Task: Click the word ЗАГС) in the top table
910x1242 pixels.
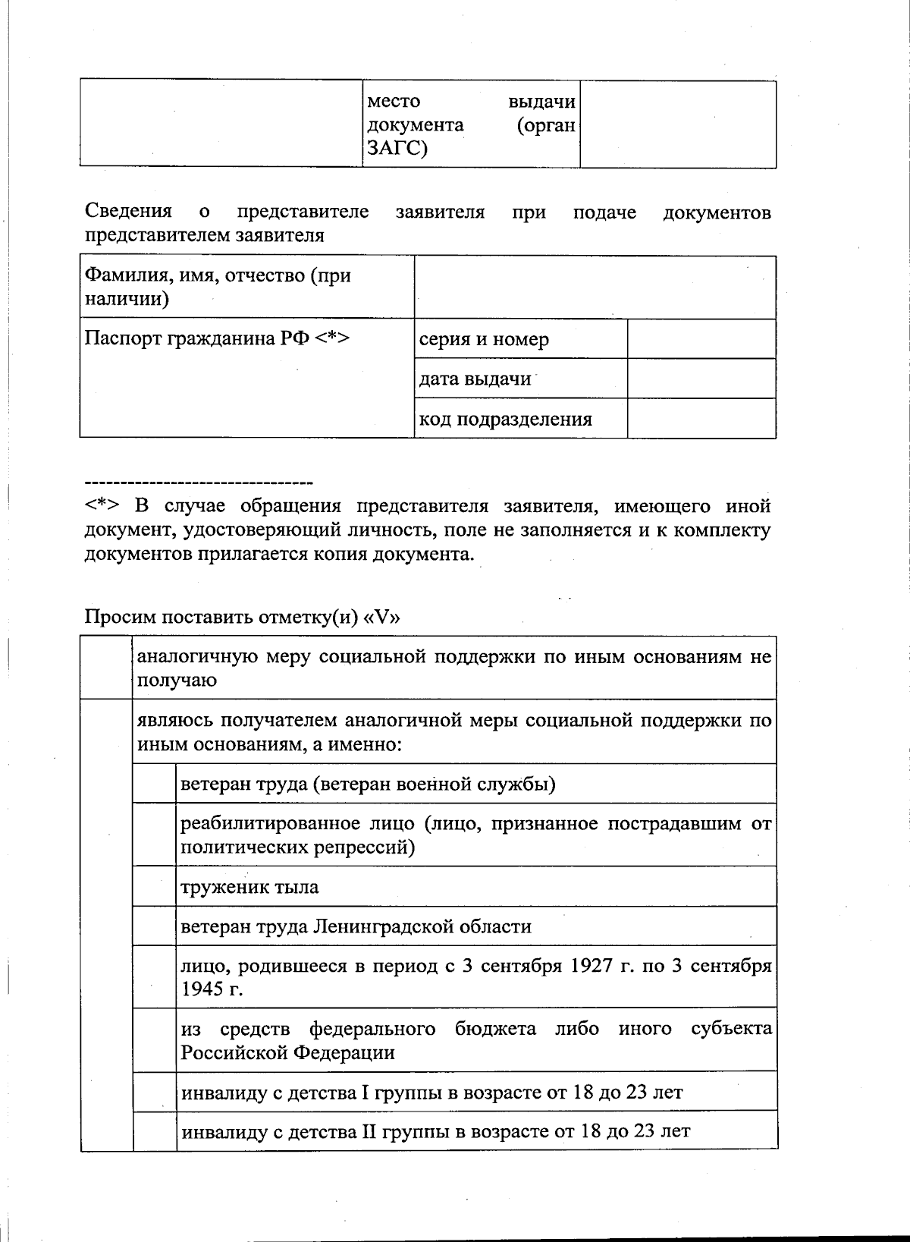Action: point(397,148)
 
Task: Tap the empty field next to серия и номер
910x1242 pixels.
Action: point(701,339)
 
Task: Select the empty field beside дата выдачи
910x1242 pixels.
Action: point(701,379)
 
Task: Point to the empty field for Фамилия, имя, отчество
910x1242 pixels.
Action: point(595,287)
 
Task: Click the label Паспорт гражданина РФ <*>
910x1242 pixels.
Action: point(217,338)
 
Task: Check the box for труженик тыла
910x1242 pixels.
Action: point(155,886)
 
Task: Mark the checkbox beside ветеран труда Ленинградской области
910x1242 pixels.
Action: point(155,926)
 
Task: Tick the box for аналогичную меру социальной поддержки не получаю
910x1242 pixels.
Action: point(106,668)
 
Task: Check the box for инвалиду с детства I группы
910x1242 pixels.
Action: point(155,1092)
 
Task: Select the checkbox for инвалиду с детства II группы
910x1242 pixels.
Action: point(155,1131)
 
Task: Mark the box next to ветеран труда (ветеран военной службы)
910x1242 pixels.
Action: point(155,783)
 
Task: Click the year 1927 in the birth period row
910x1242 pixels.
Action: point(591,966)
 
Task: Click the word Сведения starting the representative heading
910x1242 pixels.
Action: point(128,212)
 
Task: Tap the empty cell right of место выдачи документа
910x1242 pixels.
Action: point(678,124)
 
